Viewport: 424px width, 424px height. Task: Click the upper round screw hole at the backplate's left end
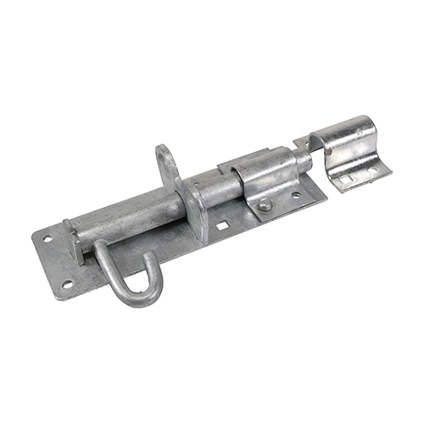(48, 239)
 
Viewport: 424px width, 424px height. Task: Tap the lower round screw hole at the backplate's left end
(67, 284)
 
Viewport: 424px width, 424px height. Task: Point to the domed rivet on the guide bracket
(265, 204)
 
